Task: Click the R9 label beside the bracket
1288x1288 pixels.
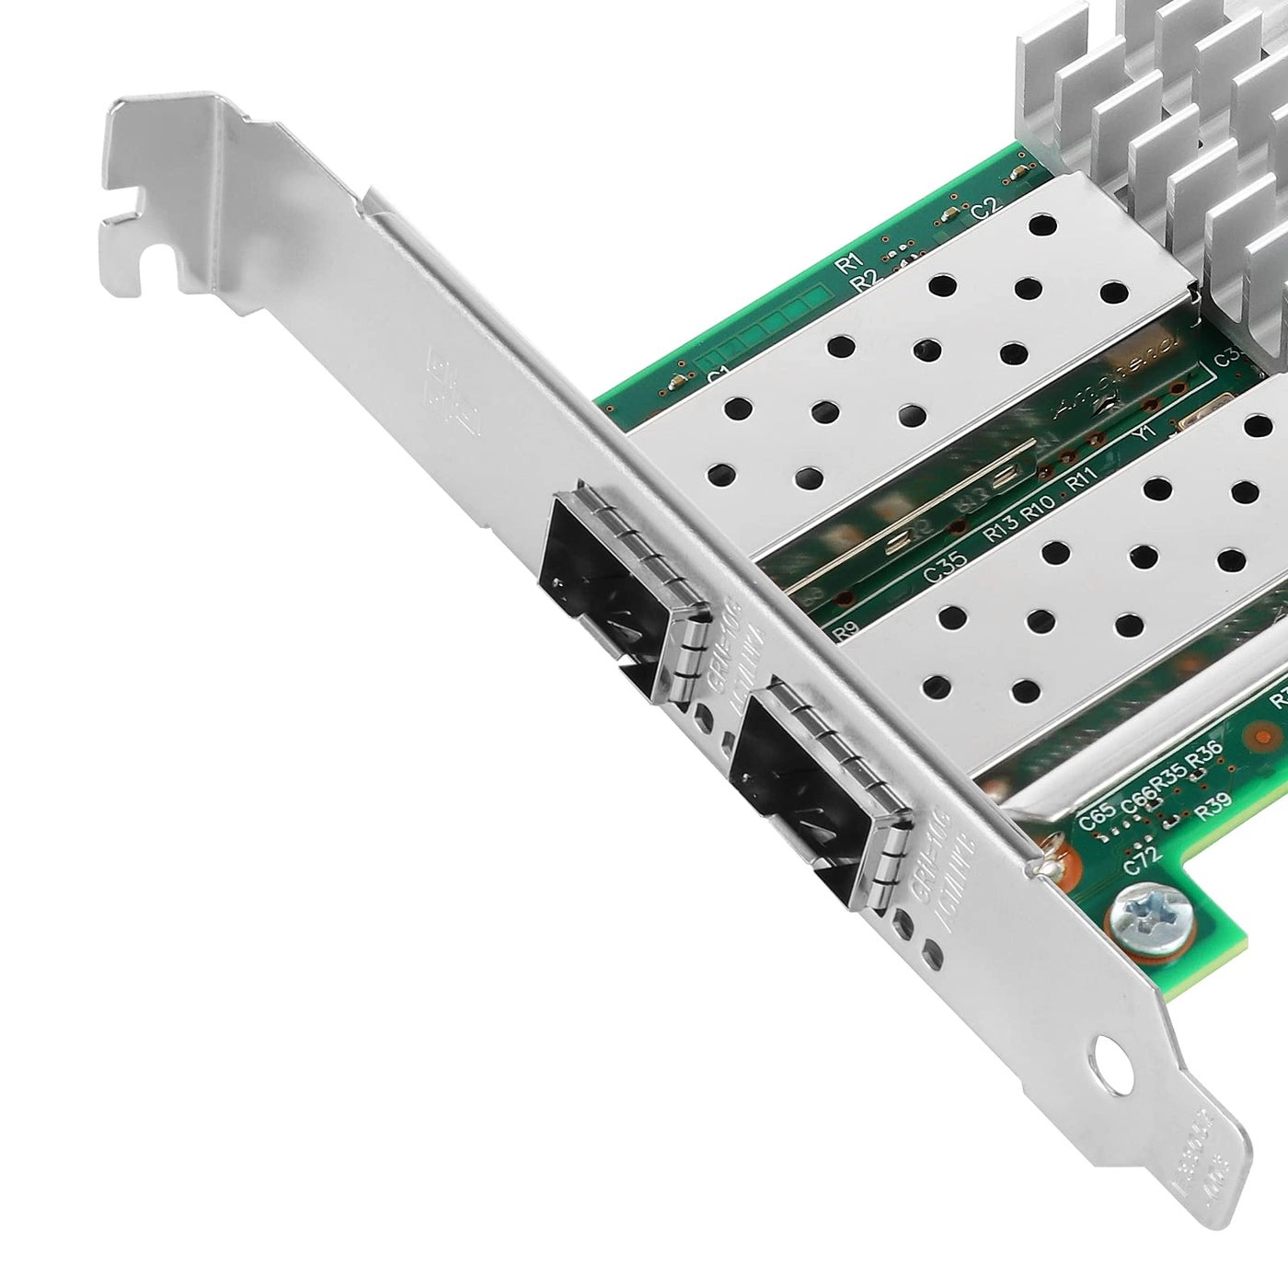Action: point(845,631)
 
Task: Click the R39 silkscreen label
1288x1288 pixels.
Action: point(1214,780)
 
